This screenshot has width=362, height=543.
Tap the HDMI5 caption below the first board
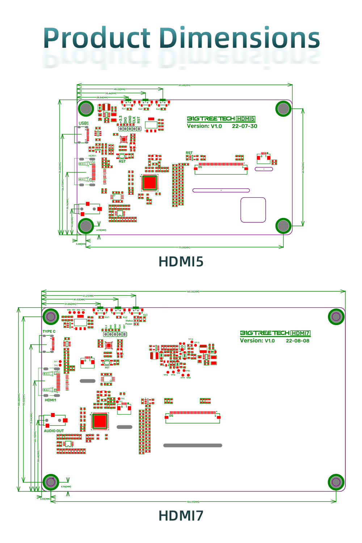[x=181, y=262]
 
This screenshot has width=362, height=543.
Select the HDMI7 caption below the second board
[x=181, y=516]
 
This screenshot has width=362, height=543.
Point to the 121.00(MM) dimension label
[x=184, y=85]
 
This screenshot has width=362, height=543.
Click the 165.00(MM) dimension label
[x=193, y=291]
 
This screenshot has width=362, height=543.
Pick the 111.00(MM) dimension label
[x=184, y=247]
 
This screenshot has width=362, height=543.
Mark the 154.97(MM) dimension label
[x=193, y=502]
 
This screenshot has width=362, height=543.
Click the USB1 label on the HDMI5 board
[x=84, y=123]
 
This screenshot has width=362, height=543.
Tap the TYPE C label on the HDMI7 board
[x=49, y=331]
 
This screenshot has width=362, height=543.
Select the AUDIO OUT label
[x=54, y=431]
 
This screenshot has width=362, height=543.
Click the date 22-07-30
[x=244, y=126]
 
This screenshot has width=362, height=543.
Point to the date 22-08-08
[x=298, y=341]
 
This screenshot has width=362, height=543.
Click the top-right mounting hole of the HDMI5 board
[x=283, y=108]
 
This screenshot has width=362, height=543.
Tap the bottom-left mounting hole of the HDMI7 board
[x=51, y=482]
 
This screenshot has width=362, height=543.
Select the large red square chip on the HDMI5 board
[x=150, y=182]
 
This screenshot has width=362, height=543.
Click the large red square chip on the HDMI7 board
[x=100, y=421]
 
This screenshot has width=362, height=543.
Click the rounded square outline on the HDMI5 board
[x=253, y=210]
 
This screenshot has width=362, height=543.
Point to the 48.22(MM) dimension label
[x=119, y=89]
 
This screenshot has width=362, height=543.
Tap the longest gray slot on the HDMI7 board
[x=193, y=445]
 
